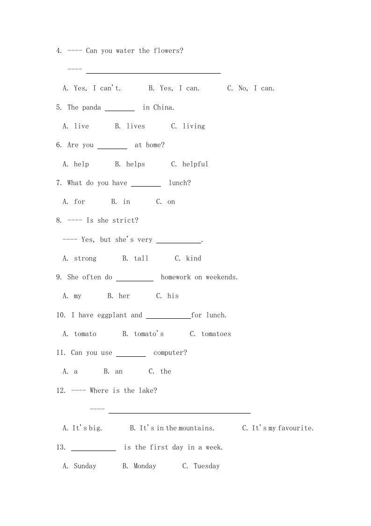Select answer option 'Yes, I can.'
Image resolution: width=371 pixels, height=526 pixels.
click(179, 88)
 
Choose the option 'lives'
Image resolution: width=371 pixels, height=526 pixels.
click(136, 126)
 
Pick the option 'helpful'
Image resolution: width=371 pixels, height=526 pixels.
click(195, 164)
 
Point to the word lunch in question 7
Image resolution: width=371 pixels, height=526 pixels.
click(178, 183)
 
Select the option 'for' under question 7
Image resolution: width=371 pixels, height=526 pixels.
click(80, 202)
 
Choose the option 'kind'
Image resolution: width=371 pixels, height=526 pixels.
click(193, 258)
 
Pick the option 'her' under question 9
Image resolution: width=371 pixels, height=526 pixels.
click(124, 296)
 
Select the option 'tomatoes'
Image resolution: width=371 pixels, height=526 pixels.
click(216, 334)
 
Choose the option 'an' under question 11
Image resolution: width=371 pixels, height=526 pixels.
click(119, 371)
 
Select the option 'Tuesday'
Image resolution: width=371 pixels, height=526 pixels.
click(206, 466)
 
